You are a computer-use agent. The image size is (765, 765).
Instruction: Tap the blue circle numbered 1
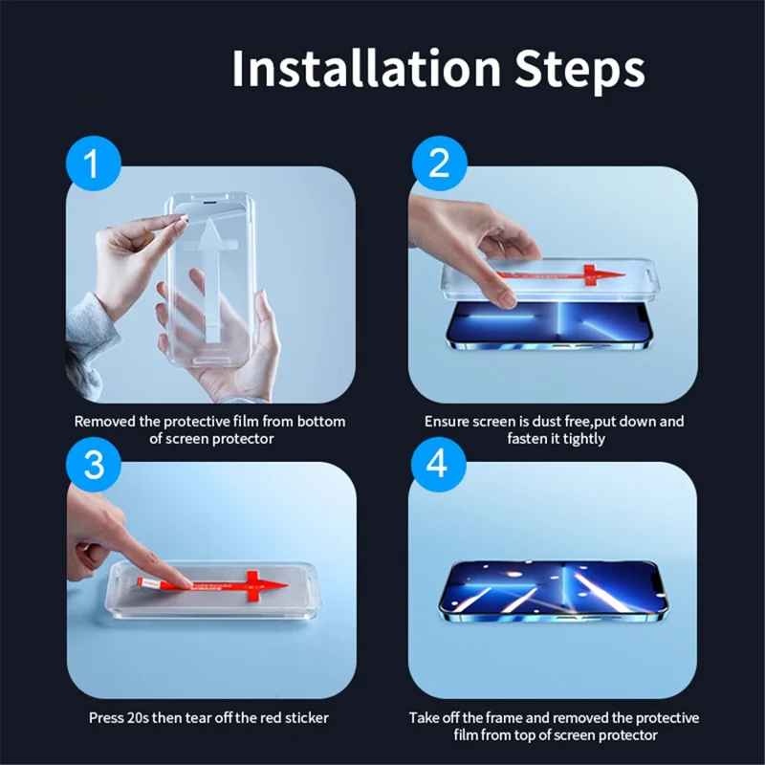tap(92, 164)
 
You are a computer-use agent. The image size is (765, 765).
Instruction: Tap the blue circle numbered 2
tap(439, 164)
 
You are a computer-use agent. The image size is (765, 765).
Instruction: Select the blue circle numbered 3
tap(92, 467)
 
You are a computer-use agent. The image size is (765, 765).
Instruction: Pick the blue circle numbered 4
tap(438, 467)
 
